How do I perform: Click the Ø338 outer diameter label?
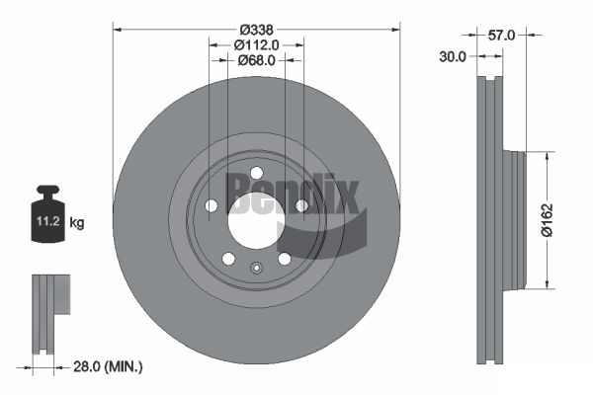click(x=256, y=29)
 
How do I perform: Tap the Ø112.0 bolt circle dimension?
click(x=256, y=45)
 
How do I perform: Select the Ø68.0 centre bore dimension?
click(x=256, y=60)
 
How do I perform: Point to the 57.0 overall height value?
click(x=501, y=36)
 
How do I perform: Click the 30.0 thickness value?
click(x=453, y=56)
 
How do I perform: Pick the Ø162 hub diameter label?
click(x=547, y=220)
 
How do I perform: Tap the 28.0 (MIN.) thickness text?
click(x=108, y=366)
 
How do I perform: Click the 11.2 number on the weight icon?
click(x=48, y=221)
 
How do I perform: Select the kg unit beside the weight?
click(x=77, y=222)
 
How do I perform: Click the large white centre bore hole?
click(x=256, y=221)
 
